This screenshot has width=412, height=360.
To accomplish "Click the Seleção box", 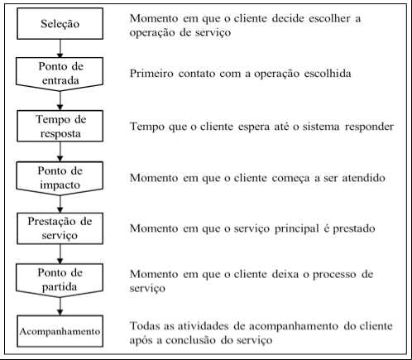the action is click(x=60, y=23).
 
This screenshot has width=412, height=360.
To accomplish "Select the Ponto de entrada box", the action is click(x=60, y=74).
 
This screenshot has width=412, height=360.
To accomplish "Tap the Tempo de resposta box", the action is click(x=60, y=126).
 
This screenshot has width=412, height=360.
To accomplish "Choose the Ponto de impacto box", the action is click(x=60, y=178).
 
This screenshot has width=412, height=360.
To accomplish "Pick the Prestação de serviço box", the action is click(x=60, y=228).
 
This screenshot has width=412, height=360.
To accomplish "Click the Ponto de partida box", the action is click(x=60, y=281).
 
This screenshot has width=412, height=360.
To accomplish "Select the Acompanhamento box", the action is click(x=60, y=331).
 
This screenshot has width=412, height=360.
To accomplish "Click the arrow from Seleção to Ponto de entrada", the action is click(x=60, y=48).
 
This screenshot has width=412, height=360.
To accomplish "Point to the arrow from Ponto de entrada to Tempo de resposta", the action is click(x=60, y=101).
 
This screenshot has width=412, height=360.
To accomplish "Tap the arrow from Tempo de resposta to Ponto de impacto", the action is click(x=60, y=151).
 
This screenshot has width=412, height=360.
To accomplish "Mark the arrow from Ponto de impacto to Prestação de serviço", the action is click(x=60, y=204).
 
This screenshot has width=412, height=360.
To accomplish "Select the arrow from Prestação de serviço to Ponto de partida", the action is click(x=60, y=254).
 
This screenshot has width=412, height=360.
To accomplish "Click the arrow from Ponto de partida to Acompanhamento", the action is click(x=60, y=306).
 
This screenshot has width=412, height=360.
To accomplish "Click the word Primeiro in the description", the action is click(x=151, y=74).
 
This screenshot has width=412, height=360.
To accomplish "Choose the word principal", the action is click(x=297, y=229).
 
